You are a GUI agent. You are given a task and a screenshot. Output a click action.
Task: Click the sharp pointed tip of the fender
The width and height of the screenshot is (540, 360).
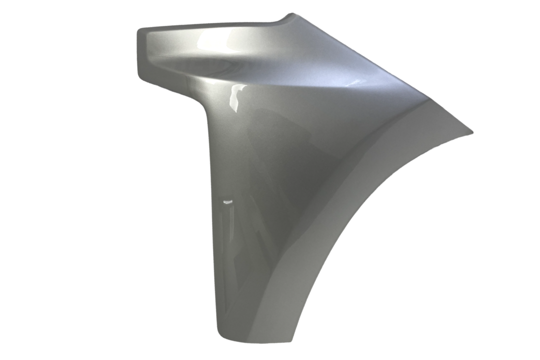click(471, 132)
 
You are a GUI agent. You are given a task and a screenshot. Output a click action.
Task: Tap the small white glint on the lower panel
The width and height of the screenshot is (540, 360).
click(227, 201)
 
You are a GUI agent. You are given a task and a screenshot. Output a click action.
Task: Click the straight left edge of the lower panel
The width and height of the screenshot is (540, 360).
click(212, 225)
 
